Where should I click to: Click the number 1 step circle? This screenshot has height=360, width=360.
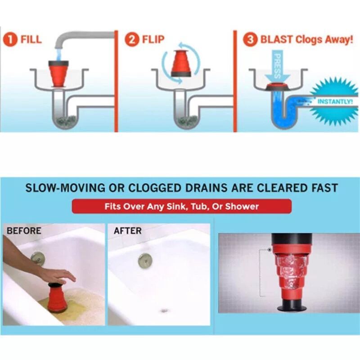tap(11, 39)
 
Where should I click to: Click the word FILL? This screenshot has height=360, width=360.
tap(31, 39)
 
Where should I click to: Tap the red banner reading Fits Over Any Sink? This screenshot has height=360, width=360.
tap(181, 207)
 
